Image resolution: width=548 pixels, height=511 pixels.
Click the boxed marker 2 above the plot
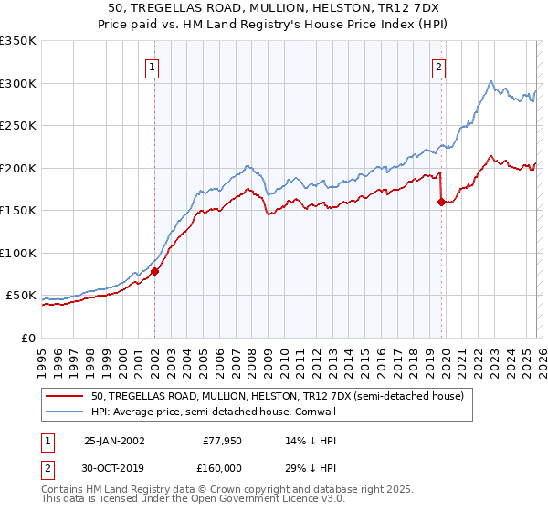point(439,66)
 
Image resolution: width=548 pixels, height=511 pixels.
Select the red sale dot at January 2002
point(154,271)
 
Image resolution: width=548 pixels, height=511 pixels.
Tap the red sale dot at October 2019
point(441,203)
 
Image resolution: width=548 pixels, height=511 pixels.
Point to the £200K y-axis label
point(18,168)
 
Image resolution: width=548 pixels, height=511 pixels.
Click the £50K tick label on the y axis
point(22,296)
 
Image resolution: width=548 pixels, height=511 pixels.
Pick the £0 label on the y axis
point(29,338)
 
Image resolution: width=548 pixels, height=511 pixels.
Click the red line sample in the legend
point(66,396)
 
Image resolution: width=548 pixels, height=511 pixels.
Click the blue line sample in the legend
point(66,412)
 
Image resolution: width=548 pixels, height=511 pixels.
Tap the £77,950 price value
point(219,441)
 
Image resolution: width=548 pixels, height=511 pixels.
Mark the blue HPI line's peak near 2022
point(491,81)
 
